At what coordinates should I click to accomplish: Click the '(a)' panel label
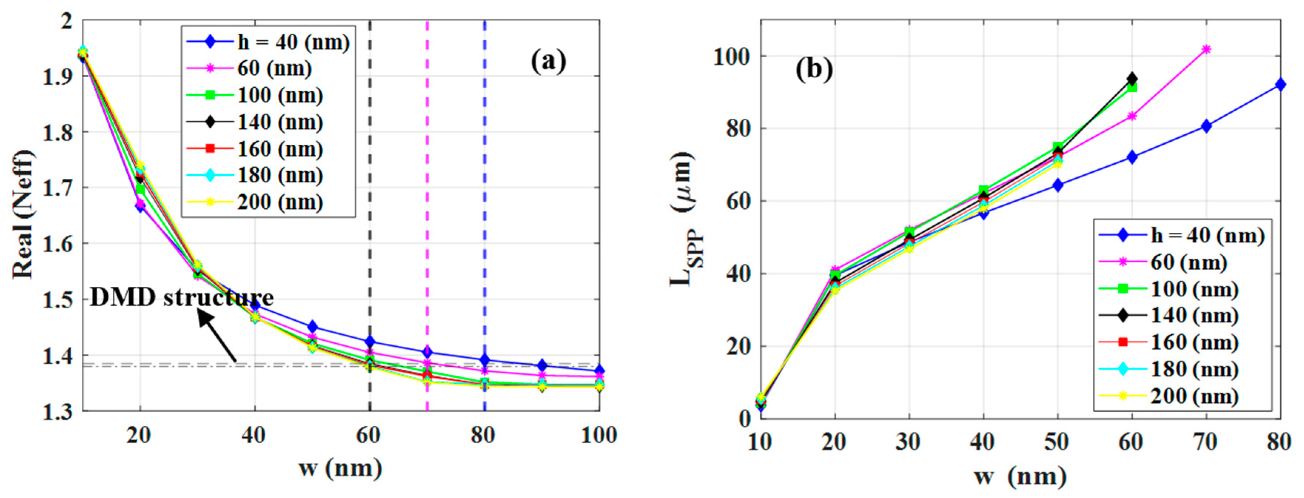pyautogui.click(x=548, y=61)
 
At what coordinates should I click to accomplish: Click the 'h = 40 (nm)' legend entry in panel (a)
pyautogui.click(x=268, y=43)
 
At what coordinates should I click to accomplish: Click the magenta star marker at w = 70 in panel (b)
pyautogui.click(x=1206, y=50)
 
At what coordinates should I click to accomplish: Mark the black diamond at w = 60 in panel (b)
pyautogui.click(x=1132, y=79)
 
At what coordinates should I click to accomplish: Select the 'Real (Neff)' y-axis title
pyautogui.click(x=23, y=215)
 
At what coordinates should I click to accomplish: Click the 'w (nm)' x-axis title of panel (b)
pyautogui.click(x=1019, y=476)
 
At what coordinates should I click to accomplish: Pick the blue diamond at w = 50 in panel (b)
pyautogui.click(x=1058, y=185)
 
